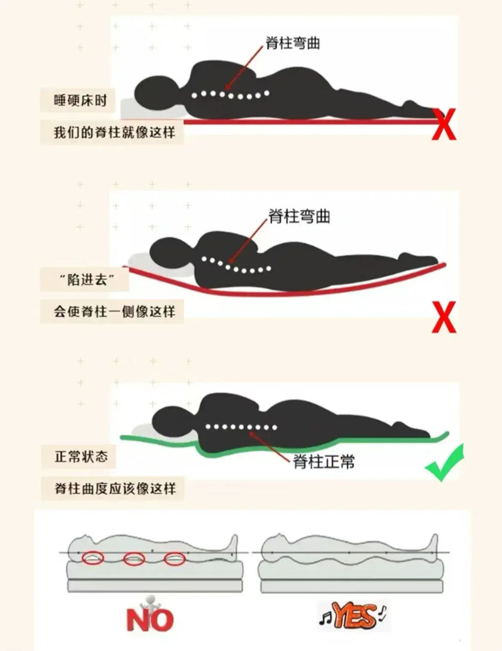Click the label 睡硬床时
pos(80,101)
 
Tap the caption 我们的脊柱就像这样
pos(114,132)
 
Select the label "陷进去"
pos(87,280)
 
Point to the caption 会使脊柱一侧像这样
pos(114,312)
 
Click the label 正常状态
pos(81,456)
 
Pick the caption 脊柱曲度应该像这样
pos(115,488)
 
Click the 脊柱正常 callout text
pos(324,462)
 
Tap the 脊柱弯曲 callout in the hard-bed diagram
pos(293,43)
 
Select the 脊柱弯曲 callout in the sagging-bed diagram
pos(299,216)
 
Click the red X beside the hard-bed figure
pos(444,124)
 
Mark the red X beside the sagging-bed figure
pos(444,318)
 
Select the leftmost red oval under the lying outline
pos(93,558)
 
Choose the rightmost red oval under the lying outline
pos(175,559)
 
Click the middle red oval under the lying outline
pos(134,559)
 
